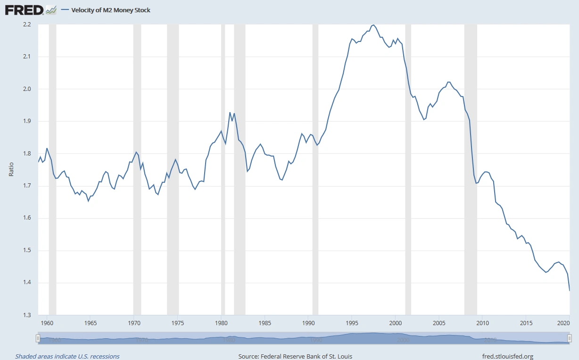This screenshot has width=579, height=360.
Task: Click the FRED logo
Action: point(25,9)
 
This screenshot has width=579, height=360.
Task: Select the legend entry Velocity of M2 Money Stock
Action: point(111,10)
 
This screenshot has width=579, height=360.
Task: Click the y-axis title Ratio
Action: point(11,170)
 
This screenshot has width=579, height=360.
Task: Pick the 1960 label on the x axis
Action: point(47,323)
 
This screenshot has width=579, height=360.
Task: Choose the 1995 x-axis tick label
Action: point(352,323)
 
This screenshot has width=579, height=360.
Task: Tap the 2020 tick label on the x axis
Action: point(562,323)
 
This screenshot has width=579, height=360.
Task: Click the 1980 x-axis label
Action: point(221,323)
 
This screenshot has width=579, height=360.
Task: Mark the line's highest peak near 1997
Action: point(373,25)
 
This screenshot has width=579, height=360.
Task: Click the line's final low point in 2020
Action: point(570,291)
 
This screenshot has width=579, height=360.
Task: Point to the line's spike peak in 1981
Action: point(230,112)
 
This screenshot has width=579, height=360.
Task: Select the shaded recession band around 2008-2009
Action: point(471,170)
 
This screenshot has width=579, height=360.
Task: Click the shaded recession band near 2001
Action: point(408,170)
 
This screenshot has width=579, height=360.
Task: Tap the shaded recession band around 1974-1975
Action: point(173,170)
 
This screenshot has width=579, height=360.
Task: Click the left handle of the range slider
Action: point(38,338)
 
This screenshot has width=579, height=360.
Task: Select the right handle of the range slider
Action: point(570,338)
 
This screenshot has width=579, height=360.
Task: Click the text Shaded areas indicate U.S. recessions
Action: point(67,356)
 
